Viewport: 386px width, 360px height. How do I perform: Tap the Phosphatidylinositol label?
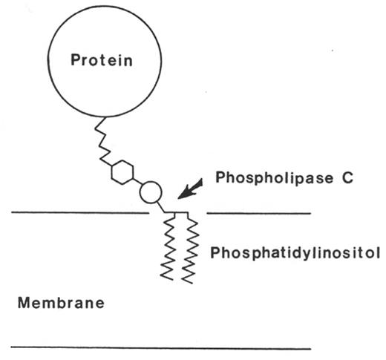pyautogui.click(x=295, y=253)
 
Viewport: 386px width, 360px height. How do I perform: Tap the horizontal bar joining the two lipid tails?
pyautogui.click(x=182, y=215)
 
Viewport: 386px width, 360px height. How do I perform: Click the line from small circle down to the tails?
pyautogui.click(x=165, y=208)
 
